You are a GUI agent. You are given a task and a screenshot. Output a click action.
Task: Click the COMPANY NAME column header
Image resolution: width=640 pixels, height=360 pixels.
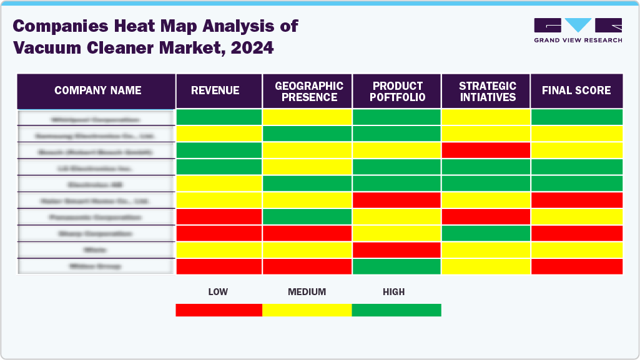(x=97, y=91)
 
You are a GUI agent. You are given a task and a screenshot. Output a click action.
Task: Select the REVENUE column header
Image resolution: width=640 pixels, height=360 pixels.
(x=219, y=91)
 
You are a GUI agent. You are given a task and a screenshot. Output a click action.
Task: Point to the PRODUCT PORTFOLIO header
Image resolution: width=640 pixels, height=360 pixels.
(x=397, y=91)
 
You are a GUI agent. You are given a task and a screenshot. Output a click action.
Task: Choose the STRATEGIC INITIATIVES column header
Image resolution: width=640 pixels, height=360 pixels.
(x=486, y=91)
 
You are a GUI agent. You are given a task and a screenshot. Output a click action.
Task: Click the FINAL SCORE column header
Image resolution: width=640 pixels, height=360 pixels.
(x=576, y=91)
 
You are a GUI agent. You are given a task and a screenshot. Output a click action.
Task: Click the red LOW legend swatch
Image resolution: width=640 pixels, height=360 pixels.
(x=219, y=310)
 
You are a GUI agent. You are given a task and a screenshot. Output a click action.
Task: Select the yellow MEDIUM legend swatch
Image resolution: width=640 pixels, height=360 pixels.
(x=307, y=310)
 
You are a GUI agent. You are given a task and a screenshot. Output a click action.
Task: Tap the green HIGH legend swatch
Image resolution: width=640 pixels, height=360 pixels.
(x=396, y=310)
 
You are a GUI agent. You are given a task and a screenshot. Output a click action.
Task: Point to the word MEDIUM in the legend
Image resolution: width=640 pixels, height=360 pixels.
(x=307, y=292)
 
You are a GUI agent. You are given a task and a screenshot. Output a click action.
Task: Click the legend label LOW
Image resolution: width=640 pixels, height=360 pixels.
(x=218, y=292)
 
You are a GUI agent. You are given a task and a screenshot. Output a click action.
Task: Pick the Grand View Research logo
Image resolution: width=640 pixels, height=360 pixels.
(x=578, y=30)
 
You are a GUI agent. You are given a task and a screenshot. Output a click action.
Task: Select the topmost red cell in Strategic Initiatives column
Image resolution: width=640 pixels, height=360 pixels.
(x=486, y=150)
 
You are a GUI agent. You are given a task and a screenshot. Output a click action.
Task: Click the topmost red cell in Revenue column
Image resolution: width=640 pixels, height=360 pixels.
(x=219, y=216)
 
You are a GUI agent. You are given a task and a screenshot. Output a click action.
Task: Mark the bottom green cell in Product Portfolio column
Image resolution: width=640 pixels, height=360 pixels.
(x=397, y=266)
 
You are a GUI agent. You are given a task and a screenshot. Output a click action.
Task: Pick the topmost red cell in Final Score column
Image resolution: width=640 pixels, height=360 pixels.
(x=576, y=200)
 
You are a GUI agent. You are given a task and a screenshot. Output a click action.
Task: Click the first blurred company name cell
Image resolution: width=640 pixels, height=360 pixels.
(x=96, y=118)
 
